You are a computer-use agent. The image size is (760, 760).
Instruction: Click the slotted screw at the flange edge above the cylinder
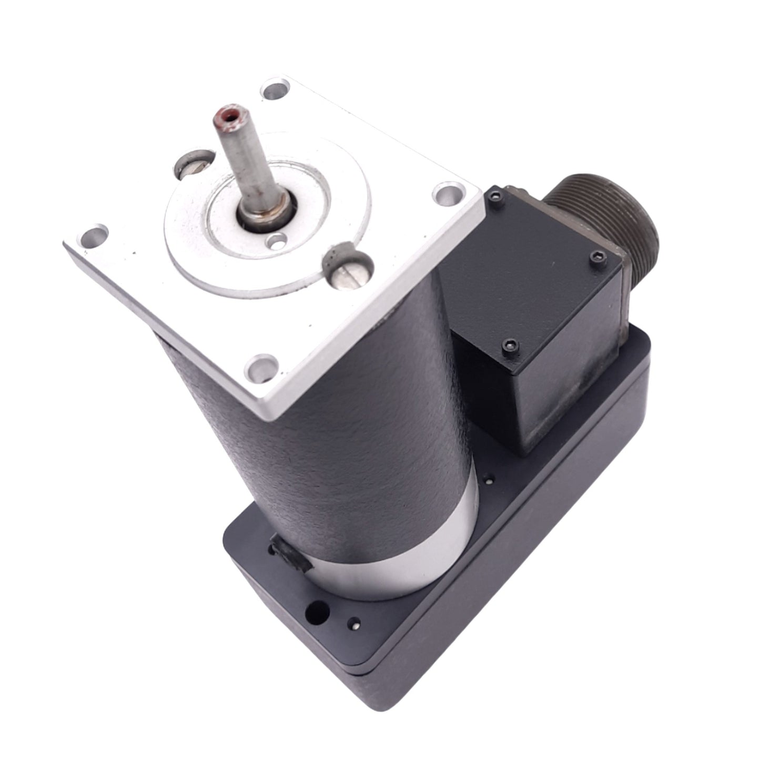349,265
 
